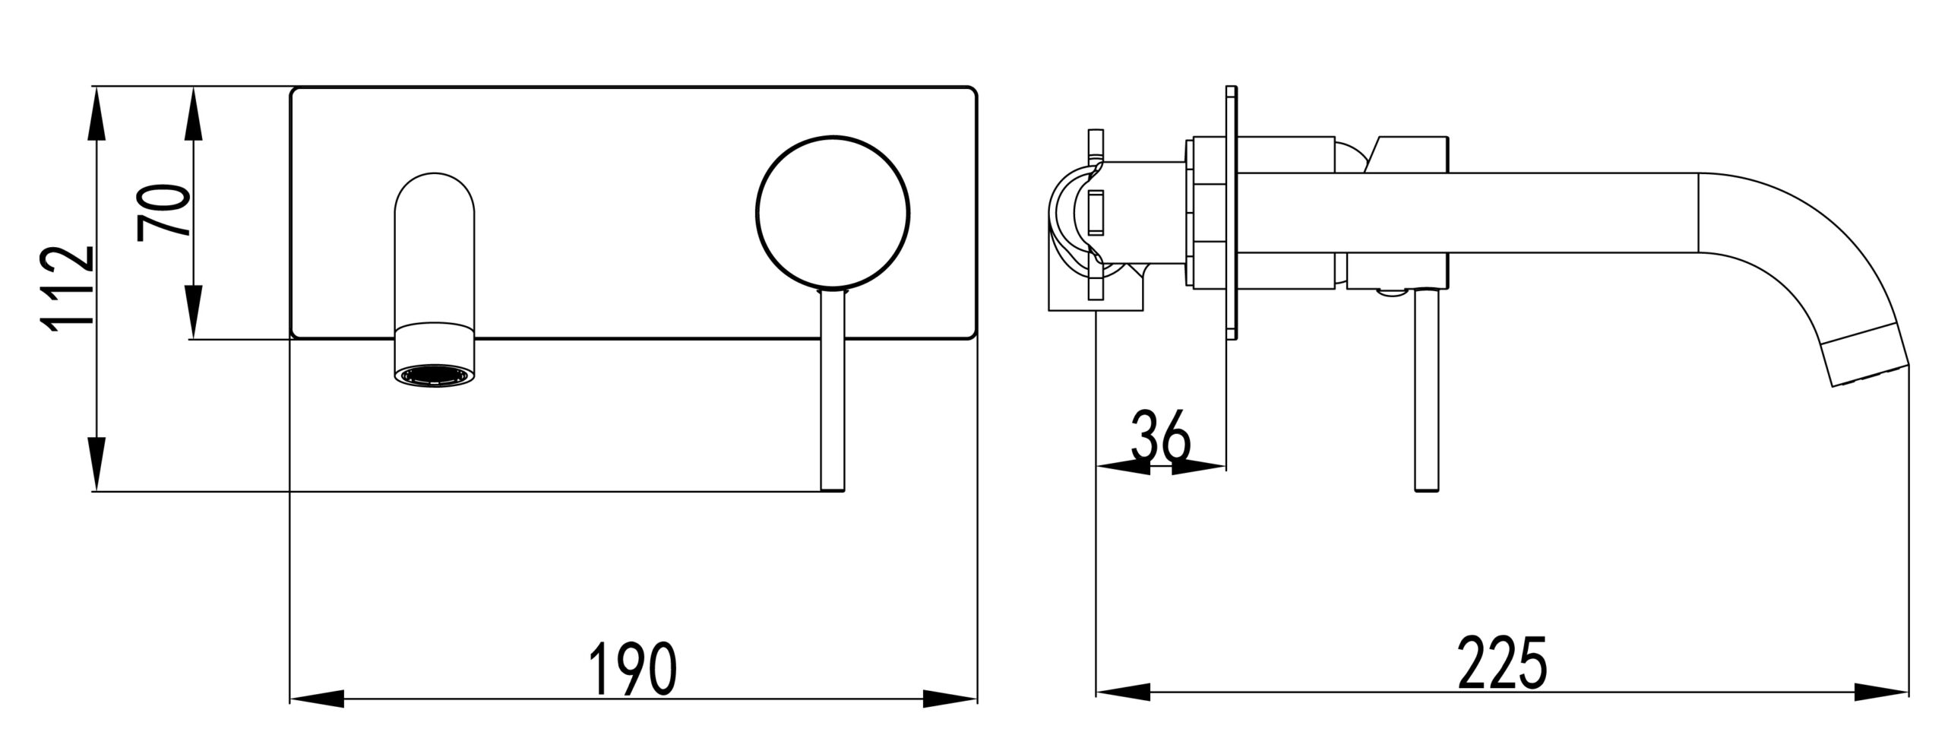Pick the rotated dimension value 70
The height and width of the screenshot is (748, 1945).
[164, 212]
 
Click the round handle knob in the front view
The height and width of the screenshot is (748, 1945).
[833, 214]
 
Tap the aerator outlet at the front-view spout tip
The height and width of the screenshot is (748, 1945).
[435, 376]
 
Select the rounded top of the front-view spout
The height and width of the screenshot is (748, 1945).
[435, 194]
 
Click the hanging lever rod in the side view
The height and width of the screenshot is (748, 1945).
[1425, 390]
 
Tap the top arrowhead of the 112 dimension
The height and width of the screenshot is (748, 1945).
[96, 114]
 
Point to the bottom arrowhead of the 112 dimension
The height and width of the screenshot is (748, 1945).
[96, 464]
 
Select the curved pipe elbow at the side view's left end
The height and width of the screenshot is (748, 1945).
[1071, 228]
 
